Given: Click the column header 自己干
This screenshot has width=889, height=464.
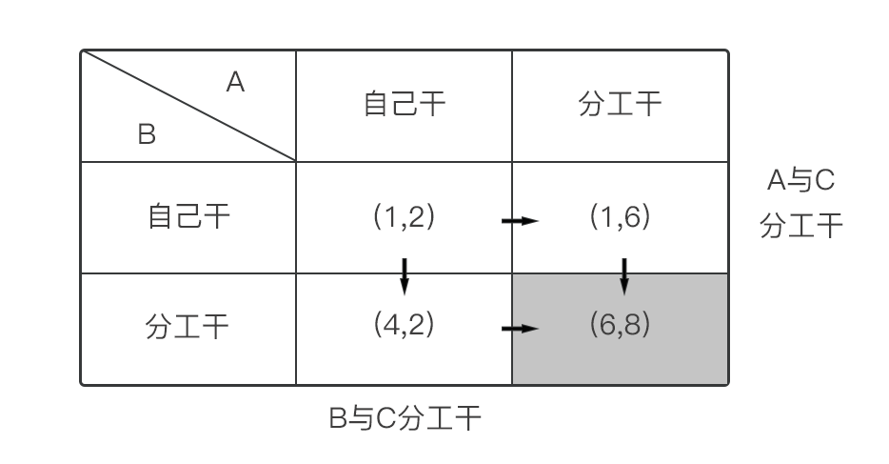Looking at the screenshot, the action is (x=405, y=104).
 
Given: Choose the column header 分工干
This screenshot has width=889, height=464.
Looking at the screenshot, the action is (x=620, y=104).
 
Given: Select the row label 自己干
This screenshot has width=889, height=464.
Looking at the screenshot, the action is (x=188, y=216).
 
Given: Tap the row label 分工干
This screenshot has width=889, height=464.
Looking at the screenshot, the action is (x=188, y=328).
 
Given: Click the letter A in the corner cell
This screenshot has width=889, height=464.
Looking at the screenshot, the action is (x=235, y=83).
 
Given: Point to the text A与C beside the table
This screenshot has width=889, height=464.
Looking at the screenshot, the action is (x=800, y=180).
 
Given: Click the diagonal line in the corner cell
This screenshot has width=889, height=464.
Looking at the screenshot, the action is (x=190, y=106).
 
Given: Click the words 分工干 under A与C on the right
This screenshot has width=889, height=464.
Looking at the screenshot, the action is (x=801, y=227).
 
